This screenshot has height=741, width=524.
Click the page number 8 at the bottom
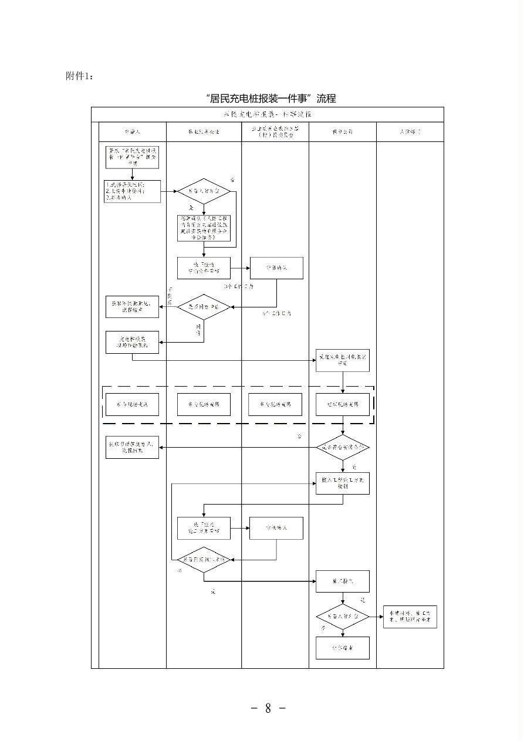click(268, 708)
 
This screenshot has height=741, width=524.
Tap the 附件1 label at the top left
click(79, 76)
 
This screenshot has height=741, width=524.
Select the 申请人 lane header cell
click(133, 132)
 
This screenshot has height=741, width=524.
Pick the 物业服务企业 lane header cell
click(204, 132)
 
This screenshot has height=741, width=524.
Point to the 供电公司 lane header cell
click(343, 132)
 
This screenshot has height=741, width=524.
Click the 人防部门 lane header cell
click(410, 132)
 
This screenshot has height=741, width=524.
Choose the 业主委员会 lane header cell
click(275, 132)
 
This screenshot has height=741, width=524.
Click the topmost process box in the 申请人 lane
click(132, 158)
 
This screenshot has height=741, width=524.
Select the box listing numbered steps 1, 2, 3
click(132, 191)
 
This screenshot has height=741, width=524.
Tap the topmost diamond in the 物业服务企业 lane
click(204, 191)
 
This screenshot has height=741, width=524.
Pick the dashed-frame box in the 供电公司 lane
click(343, 404)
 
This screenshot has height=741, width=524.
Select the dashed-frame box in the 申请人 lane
click(132, 404)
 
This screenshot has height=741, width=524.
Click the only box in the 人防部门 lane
click(410, 617)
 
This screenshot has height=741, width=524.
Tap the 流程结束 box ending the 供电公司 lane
click(343, 648)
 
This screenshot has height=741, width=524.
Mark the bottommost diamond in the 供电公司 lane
click(343, 617)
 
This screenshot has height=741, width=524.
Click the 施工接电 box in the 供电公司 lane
click(343, 581)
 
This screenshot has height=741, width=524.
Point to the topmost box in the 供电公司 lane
click(343, 360)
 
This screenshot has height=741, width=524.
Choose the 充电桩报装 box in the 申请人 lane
click(132, 343)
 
